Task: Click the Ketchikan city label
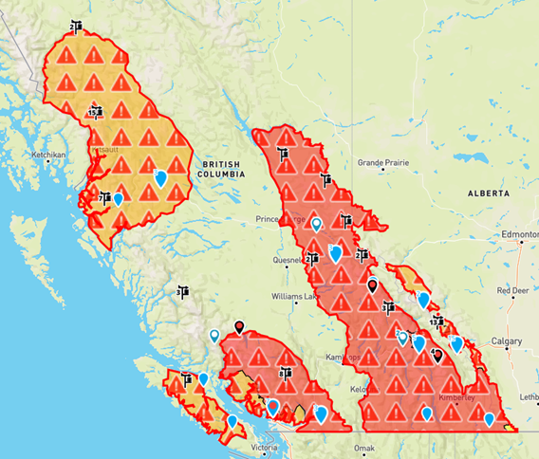46,154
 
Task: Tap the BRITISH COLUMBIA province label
222,169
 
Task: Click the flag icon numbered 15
94,111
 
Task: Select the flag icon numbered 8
284,374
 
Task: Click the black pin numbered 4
437,355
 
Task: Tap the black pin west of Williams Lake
240,327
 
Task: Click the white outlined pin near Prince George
316,224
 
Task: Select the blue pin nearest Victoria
272,407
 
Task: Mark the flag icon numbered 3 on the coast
179,292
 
